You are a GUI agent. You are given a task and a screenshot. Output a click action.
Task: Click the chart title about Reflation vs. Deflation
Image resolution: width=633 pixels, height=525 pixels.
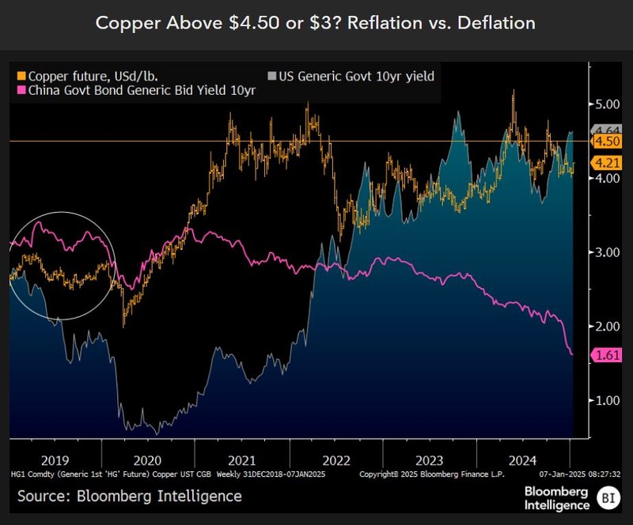(x=316, y=23)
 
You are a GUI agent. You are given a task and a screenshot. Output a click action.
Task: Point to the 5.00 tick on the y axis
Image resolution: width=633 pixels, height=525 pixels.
(x=607, y=104)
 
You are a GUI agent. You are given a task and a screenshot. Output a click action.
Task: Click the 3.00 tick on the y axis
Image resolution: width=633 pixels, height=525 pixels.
(x=607, y=252)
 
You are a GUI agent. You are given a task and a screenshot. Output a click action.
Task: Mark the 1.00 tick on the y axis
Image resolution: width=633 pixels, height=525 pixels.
(x=607, y=400)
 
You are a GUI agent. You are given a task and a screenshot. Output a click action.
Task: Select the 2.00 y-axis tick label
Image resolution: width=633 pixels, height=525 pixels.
(x=607, y=326)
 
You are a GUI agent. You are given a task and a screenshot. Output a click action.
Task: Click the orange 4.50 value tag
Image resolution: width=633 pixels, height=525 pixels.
(x=608, y=141)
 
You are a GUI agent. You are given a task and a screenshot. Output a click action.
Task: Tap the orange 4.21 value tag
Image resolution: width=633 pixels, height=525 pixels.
(x=608, y=163)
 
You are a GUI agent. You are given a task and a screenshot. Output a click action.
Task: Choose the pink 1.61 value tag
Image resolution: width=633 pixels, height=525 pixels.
(x=608, y=356)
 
